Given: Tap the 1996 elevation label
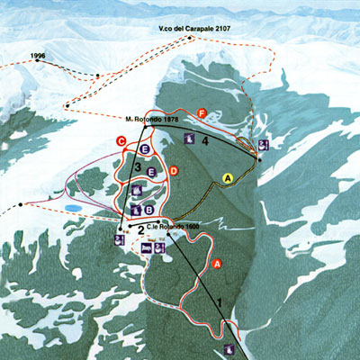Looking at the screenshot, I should (38, 56).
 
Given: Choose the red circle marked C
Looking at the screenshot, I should (121, 140).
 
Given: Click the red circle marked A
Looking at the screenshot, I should (216, 264).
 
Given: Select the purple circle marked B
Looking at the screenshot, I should (148, 210).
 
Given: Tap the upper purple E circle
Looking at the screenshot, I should (145, 148).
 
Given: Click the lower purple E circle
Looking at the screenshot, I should (152, 171).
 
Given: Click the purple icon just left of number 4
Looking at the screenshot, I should (190, 139).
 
